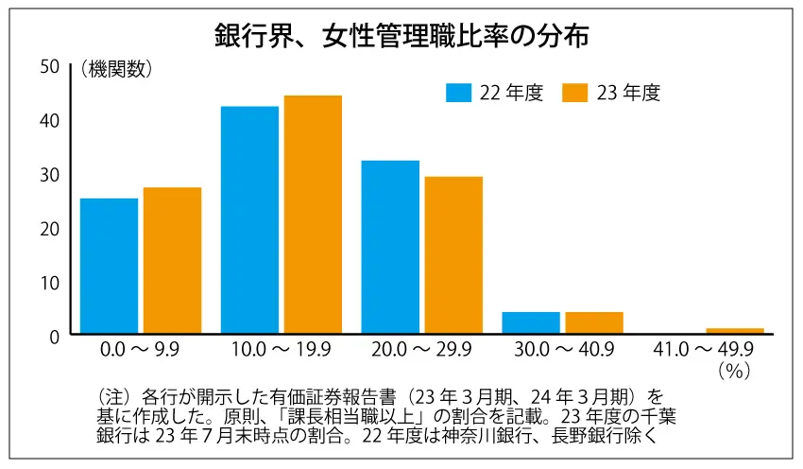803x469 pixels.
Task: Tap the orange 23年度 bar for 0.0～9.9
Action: (x=172, y=260)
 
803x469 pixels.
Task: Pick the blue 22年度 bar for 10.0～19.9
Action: (x=249, y=219)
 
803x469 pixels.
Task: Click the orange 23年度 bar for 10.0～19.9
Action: (x=313, y=215)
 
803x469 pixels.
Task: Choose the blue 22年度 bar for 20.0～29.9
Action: (x=390, y=247)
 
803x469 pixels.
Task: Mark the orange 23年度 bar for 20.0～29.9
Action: (x=453, y=254)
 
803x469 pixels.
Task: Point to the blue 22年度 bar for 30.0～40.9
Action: (x=531, y=322)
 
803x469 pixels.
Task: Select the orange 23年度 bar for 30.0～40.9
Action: (x=594, y=322)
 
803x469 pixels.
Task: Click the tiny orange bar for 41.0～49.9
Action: (x=735, y=330)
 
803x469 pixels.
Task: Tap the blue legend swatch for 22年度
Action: (x=458, y=92)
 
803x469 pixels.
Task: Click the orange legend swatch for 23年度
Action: (x=575, y=92)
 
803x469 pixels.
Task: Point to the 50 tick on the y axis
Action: (x=49, y=66)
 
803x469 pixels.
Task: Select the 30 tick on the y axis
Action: (x=49, y=174)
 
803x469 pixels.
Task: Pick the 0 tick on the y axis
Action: (x=54, y=335)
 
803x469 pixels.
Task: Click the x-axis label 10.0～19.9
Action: (x=282, y=350)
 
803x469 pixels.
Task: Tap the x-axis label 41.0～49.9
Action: (x=704, y=350)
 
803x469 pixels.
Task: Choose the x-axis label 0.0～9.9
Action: (x=141, y=350)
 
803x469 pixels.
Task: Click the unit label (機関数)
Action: (x=115, y=68)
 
